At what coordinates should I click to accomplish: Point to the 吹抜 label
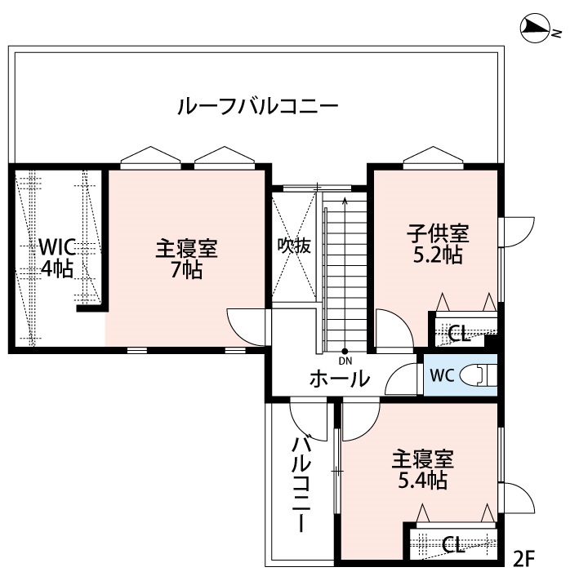pyautogui.click(x=294, y=246)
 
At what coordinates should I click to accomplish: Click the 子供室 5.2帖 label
pyautogui.click(x=438, y=243)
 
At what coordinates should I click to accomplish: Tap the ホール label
pyautogui.click(x=339, y=379)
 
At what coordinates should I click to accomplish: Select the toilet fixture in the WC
pyautogui.click(x=477, y=374)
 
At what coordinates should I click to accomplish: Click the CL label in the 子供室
pyautogui.click(x=458, y=333)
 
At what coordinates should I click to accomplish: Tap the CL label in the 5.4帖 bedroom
pyautogui.click(x=454, y=543)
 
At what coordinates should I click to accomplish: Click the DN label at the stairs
pyautogui.click(x=345, y=360)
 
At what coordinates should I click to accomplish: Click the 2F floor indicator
pyautogui.click(x=522, y=560)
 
